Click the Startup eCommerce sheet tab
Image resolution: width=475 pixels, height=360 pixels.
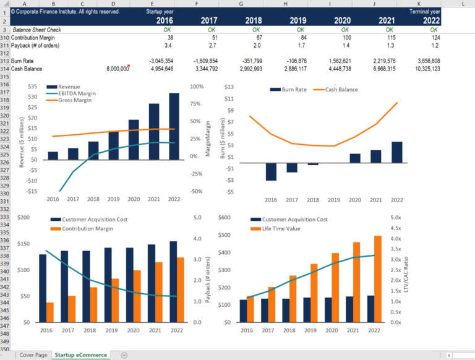pos(80,355)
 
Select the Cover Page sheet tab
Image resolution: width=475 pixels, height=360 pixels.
pos(33,355)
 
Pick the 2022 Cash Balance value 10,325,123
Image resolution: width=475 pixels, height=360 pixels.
pos(420,69)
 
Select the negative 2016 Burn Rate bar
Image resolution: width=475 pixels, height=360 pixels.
pos(270,171)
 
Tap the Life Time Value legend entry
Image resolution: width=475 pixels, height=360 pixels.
pos(283,229)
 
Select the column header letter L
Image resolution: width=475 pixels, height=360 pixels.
pos(462,4)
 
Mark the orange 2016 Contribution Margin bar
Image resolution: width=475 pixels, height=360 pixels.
pos(49,312)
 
